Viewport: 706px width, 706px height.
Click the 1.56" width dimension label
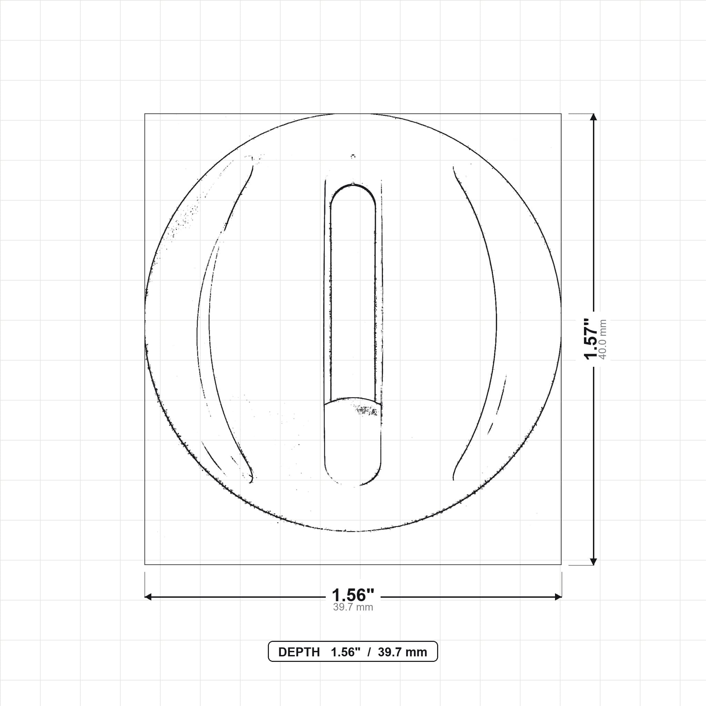(x=353, y=595)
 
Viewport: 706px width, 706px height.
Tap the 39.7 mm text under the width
(x=353, y=607)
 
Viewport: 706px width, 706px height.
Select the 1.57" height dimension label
(x=591, y=339)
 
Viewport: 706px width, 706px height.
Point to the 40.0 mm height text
(x=603, y=339)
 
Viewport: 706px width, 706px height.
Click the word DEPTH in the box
(x=299, y=652)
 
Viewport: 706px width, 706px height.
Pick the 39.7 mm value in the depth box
(x=402, y=652)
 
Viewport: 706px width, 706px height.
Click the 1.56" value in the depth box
(x=346, y=652)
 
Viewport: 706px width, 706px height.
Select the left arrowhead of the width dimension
(x=148, y=597)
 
